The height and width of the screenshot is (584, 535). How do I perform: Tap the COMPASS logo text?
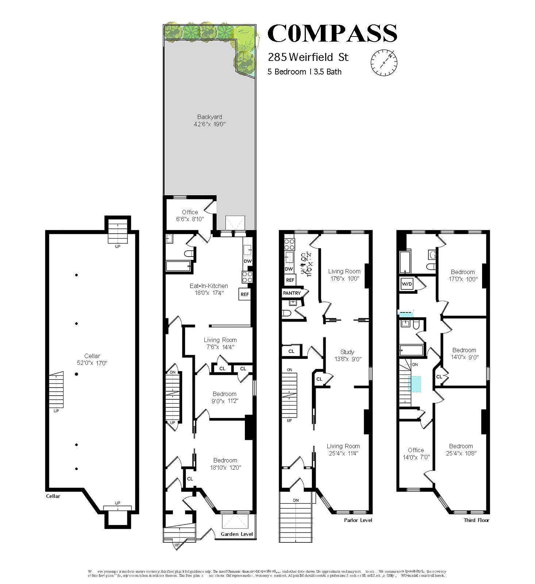[332, 33]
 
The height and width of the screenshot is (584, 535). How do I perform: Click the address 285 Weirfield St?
[308, 57]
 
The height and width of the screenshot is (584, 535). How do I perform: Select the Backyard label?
[209, 117]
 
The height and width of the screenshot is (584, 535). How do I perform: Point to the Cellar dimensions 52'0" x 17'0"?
[92, 363]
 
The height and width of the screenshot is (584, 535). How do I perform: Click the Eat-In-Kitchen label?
[209, 286]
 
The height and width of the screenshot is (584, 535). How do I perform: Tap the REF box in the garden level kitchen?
[245, 294]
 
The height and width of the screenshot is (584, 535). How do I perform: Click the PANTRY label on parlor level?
[292, 293]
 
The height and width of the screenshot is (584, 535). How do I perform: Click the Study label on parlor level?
[347, 352]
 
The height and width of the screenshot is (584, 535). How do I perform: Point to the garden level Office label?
[190, 212]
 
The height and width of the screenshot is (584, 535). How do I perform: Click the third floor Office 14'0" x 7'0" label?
[416, 454]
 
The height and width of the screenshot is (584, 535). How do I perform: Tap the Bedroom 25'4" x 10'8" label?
[461, 450]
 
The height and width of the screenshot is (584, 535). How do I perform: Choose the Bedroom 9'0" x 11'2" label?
[225, 397]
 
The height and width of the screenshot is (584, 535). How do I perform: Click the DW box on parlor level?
[289, 269]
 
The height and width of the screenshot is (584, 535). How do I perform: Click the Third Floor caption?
[476, 520]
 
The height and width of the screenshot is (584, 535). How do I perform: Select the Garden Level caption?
[237, 534]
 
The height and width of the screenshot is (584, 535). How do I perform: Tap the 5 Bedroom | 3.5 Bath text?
[304, 72]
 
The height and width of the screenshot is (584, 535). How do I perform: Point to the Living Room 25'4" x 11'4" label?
[343, 450]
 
